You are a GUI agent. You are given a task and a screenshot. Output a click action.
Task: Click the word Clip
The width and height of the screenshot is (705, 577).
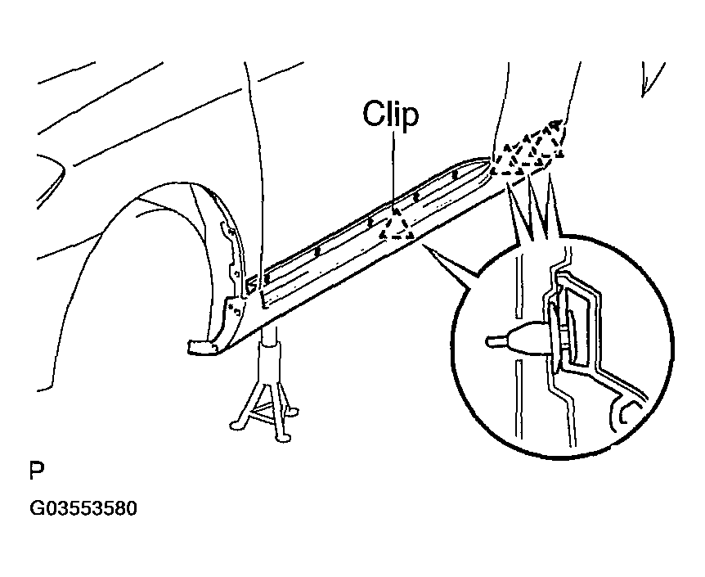click(x=390, y=115)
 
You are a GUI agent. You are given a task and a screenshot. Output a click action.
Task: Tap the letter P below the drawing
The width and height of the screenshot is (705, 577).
click(x=37, y=471)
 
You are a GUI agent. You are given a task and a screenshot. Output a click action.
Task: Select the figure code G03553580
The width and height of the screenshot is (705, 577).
click(x=83, y=508)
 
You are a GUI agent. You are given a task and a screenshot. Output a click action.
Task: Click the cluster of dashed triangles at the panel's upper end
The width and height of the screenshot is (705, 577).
click(x=528, y=147)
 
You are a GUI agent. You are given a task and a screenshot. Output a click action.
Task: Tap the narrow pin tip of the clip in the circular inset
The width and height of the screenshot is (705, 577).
click(x=495, y=340)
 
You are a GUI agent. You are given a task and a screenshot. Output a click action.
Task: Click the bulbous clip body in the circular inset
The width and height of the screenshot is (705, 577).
click(x=526, y=339)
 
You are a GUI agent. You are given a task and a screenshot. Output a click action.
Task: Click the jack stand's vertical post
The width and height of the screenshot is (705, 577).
click(x=269, y=355)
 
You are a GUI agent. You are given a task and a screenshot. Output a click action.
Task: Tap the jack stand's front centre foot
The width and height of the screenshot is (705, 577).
click(x=283, y=435)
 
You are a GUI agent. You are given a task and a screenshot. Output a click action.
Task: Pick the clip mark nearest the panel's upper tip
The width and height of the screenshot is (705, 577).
click(x=455, y=173)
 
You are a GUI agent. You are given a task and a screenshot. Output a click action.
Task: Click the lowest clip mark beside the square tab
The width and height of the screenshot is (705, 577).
click(x=266, y=278)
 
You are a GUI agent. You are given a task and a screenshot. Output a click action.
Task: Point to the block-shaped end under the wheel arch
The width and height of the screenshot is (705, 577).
click(x=202, y=347)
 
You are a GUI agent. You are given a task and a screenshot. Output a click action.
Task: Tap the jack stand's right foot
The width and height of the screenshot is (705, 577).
click(x=292, y=411)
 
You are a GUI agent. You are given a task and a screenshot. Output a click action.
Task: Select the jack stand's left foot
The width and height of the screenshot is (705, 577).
click(x=236, y=425)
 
